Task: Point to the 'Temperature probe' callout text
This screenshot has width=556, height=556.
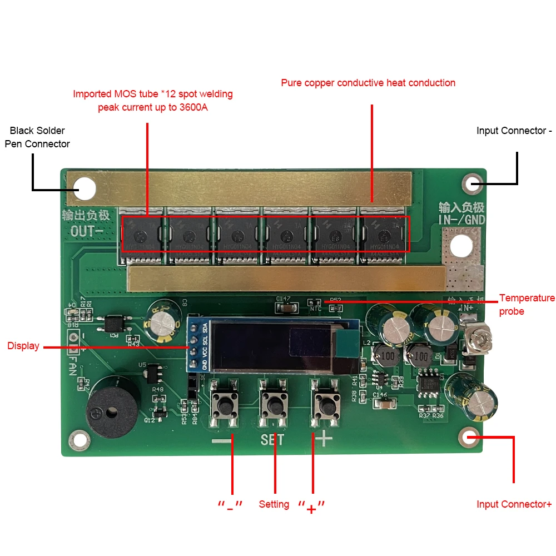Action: coord(527,305)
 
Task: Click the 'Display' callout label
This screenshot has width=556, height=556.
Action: coord(23,346)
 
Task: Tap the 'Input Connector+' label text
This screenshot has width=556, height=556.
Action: coord(514,504)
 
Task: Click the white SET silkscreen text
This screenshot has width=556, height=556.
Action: coord(272,440)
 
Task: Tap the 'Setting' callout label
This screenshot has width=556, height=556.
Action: coord(274,504)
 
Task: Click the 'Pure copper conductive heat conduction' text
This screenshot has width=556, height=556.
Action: coord(368,83)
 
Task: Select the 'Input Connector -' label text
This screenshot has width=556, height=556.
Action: coord(514,131)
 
